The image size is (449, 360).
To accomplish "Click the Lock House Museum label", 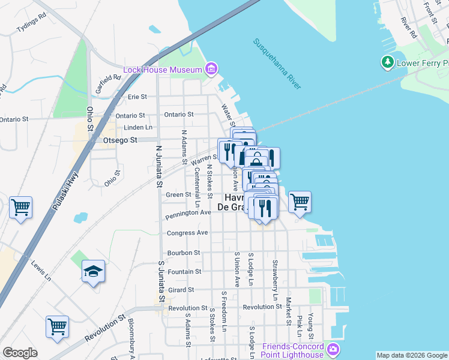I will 162,70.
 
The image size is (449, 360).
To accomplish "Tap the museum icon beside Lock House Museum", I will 211,70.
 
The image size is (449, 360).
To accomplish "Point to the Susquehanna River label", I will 277,64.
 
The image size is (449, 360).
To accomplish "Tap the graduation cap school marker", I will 93,272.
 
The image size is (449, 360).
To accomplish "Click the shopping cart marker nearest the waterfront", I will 300,202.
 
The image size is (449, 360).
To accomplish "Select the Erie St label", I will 137,97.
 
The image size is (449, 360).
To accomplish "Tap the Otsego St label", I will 120,140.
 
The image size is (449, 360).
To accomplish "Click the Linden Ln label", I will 137,127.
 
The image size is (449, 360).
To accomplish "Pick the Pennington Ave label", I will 188,212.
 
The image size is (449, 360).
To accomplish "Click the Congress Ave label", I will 187,233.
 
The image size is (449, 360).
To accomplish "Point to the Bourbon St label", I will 184,253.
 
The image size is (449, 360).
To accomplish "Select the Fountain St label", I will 184,272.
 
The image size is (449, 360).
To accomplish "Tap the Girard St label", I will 181,290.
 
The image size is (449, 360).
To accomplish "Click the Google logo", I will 20,353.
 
